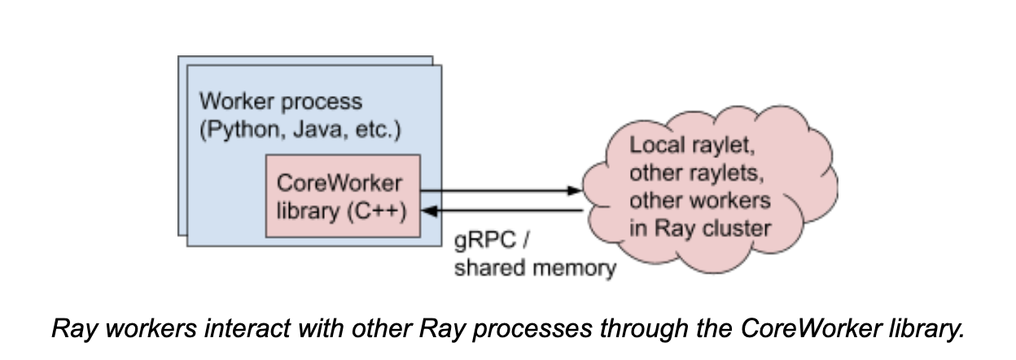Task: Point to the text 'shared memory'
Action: [534, 268]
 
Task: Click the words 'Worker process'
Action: [281, 103]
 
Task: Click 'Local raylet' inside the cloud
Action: [691, 149]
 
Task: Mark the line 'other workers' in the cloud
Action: [698, 201]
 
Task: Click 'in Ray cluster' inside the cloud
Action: [699, 227]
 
